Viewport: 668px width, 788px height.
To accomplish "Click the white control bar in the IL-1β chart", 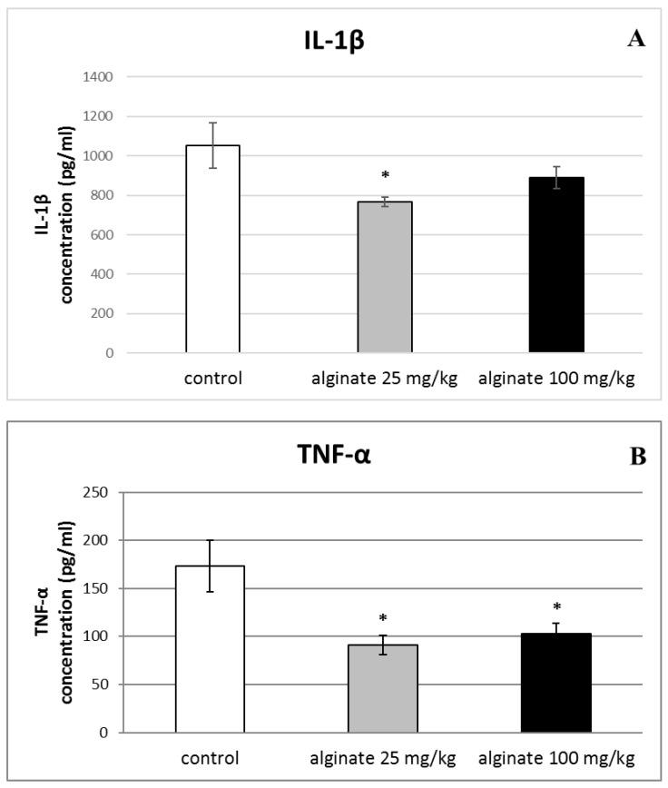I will pos(212,249).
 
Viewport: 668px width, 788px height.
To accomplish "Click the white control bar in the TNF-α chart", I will pos(210,649).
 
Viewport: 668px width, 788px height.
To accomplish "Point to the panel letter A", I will pos(636,40).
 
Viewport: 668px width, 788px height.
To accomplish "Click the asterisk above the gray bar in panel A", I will pos(385,175).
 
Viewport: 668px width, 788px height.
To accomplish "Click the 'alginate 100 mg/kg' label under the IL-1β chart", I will pos(556,378).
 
